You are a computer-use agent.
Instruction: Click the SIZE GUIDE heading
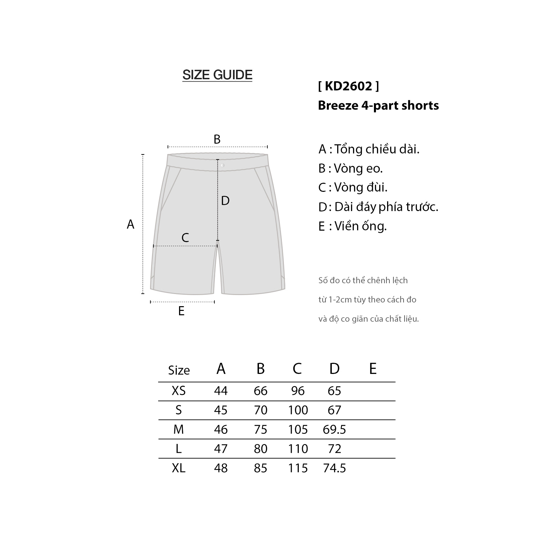pyautogui.click(x=217, y=75)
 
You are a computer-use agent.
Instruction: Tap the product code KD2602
pyautogui.click(x=348, y=86)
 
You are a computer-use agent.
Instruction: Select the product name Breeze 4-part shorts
pyautogui.click(x=378, y=106)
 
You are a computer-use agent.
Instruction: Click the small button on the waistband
pyautogui.click(x=223, y=165)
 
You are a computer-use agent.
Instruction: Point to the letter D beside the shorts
pyautogui.click(x=225, y=201)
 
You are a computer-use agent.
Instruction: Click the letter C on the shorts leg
pyautogui.click(x=185, y=238)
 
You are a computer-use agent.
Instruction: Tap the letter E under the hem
pyautogui.click(x=181, y=311)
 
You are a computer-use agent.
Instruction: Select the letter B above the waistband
pyautogui.click(x=217, y=139)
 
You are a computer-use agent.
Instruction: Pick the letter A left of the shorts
pyautogui.click(x=130, y=225)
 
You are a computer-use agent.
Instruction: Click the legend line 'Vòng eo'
pyautogui.click(x=351, y=168)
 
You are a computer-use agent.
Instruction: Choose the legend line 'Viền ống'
pyautogui.click(x=352, y=226)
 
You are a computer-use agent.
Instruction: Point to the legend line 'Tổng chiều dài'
pyautogui.click(x=369, y=149)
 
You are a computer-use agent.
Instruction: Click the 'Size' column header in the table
pyautogui.click(x=179, y=370)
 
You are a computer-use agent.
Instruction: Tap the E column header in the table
pyautogui.click(x=373, y=369)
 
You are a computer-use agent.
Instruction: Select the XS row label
pyautogui.click(x=179, y=391)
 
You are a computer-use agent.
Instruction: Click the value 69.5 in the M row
pyautogui.click(x=334, y=430)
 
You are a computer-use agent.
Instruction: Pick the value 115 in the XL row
pyautogui.click(x=298, y=468)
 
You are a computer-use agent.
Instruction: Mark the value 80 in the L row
pyautogui.click(x=261, y=449)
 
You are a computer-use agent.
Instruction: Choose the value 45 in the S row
pyautogui.click(x=221, y=410)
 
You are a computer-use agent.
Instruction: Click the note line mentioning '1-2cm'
pyautogui.click(x=367, y=300)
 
